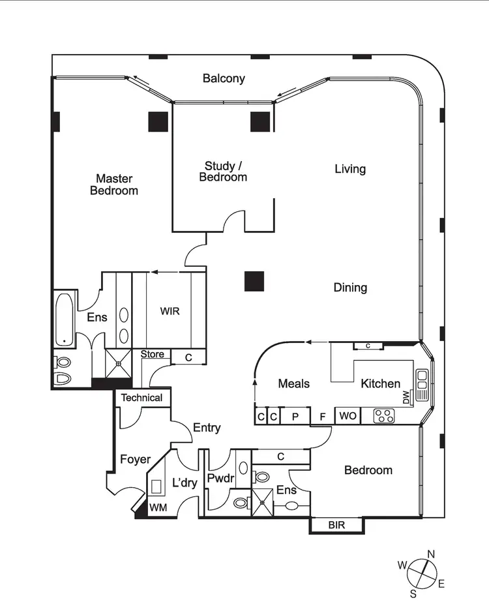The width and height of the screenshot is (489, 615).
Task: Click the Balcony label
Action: (224, 78)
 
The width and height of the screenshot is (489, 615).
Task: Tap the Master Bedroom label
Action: (114, 185)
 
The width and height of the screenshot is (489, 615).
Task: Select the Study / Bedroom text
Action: (223, 172)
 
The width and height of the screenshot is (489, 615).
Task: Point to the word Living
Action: (350, 169)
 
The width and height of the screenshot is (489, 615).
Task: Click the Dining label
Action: (350, 288)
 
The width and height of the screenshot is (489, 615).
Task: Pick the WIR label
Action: (170, 311)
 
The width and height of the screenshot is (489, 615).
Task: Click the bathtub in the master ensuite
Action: (64, 320)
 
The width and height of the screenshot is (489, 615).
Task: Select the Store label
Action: (153, 354)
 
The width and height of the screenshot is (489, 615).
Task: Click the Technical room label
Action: (141, 397)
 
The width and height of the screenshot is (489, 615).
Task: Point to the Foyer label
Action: (135, 460)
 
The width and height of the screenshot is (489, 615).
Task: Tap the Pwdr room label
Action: (220, 479)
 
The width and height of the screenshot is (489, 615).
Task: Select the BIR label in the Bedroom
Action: (336, 524)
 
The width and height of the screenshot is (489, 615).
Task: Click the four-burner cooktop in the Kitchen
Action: (384, 415)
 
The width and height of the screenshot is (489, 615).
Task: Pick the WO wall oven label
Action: (348, 415)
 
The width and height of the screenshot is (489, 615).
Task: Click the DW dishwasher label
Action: (406, 397)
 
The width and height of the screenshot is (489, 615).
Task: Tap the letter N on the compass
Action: (430, 554)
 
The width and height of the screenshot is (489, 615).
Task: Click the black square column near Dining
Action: (254, 281)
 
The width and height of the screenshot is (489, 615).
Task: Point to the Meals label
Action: (293, 383)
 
